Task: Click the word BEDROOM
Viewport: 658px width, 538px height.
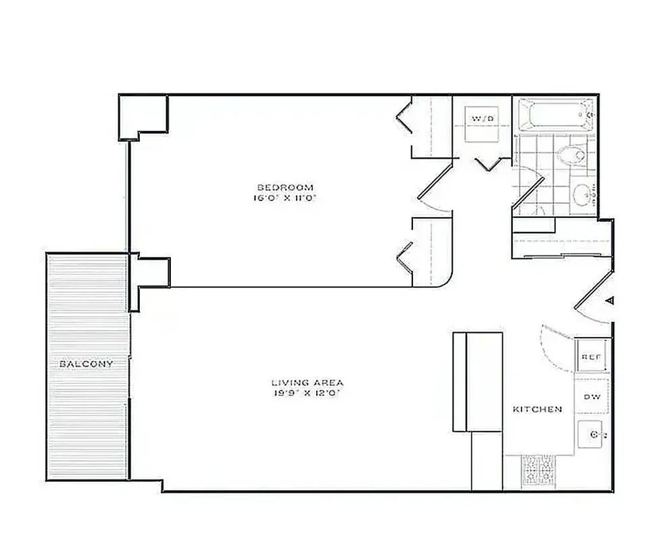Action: [285, 187]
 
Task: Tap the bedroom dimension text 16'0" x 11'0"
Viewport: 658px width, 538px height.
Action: [285, 198]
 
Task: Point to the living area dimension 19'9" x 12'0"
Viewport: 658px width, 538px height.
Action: [302, 393]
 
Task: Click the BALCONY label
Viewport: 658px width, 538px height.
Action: [86, 363]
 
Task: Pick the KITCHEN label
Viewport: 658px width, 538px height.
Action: [537, 409]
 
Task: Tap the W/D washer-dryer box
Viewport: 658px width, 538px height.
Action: [483, 123]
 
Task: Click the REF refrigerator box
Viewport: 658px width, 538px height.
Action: [591, 357]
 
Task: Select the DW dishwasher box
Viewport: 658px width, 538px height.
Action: [592, 397]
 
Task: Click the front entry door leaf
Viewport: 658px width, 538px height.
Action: [593, 291]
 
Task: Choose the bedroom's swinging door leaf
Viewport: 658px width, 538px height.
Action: [436, 181]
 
